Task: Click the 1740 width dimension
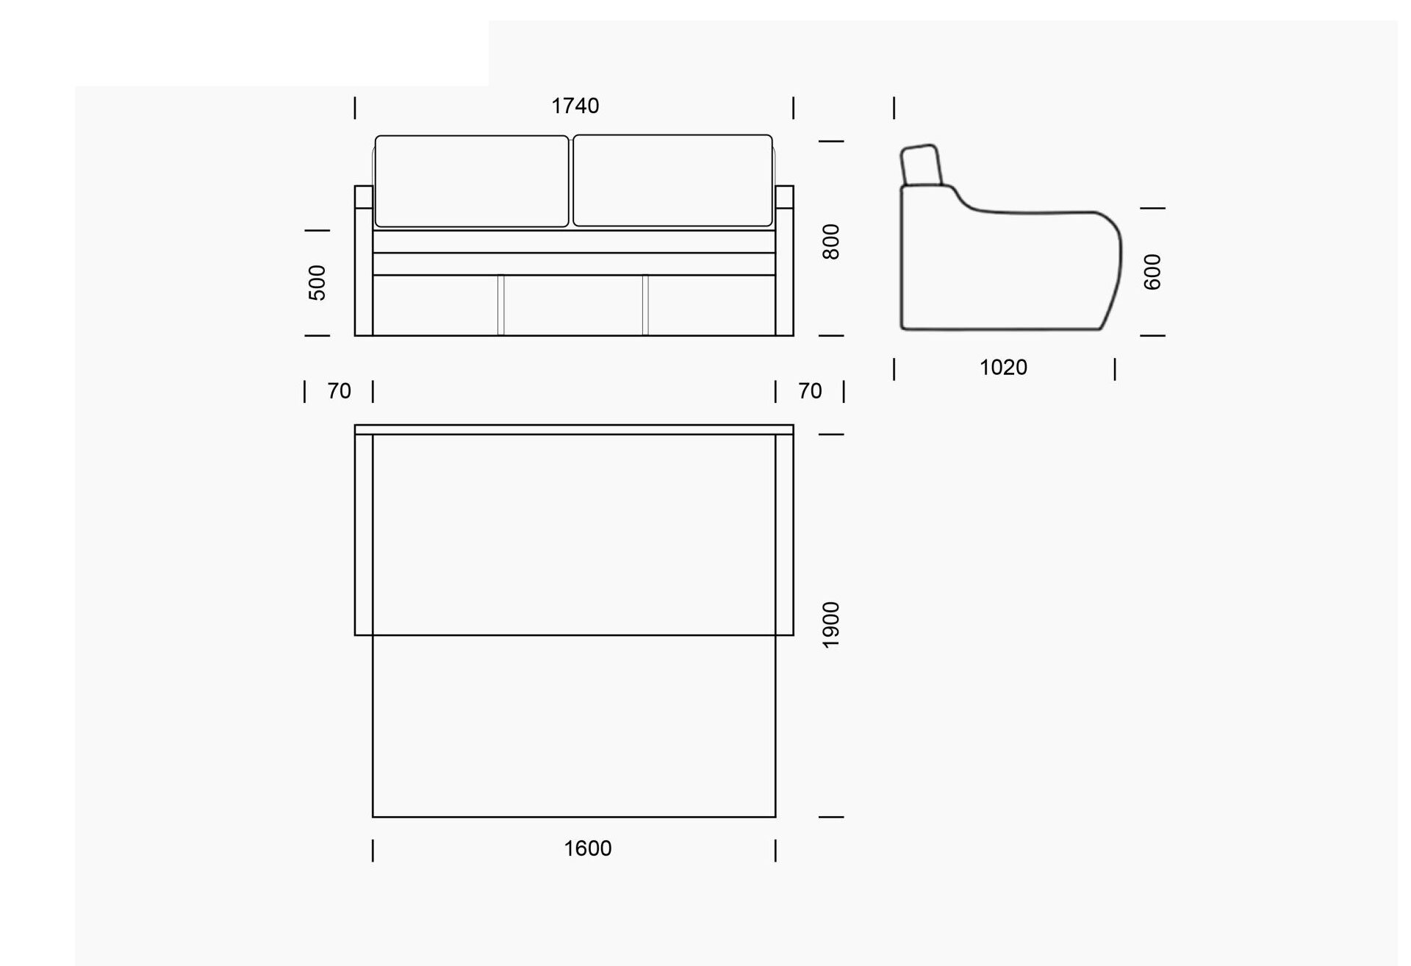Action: coord(575,106)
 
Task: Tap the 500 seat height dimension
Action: coord(317,282)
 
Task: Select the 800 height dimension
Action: coord(830,242)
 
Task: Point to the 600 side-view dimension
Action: coord(1152,272)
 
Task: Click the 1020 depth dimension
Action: coord(1003,368)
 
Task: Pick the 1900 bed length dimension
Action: coord(830,625)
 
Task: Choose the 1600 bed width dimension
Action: coord(587,848)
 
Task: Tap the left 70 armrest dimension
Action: coord(339,391)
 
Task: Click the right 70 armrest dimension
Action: coord(810,391)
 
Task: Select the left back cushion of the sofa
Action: coord(472,181)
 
